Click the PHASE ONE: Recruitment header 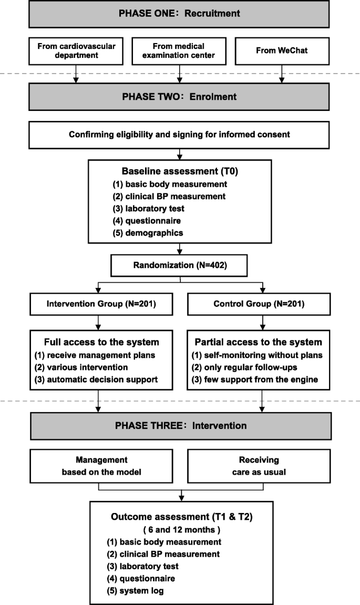point(180,14)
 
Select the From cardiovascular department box point(76,50)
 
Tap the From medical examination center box point(180,50)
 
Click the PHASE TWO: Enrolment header point(180,97)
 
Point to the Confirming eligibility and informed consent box point(180,135)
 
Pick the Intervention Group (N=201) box point(98,303)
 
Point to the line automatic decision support point(102,378)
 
